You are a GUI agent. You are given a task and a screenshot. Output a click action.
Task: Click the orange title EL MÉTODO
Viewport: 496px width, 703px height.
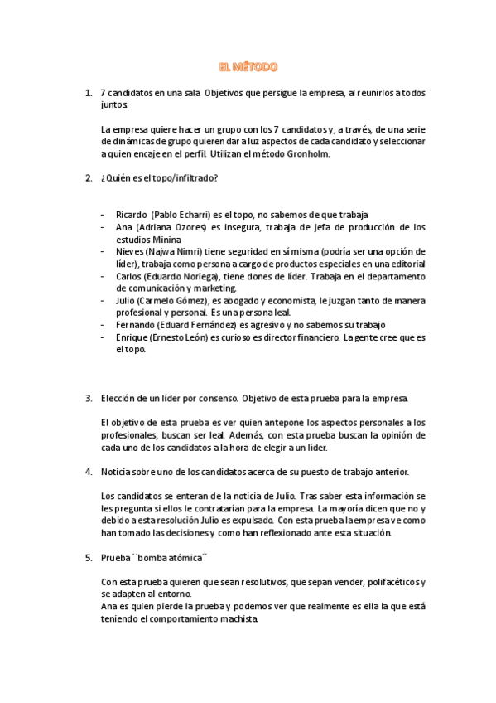point(248,66)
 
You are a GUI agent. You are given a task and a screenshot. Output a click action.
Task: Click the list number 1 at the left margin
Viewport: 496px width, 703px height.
point(89,93)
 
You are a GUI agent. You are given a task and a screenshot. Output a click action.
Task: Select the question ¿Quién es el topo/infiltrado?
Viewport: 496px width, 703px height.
point(159,178)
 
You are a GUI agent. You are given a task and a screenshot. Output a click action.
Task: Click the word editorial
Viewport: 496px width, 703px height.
point(406,264)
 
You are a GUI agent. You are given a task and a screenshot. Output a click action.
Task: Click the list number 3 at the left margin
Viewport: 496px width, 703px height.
point(89,398)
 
